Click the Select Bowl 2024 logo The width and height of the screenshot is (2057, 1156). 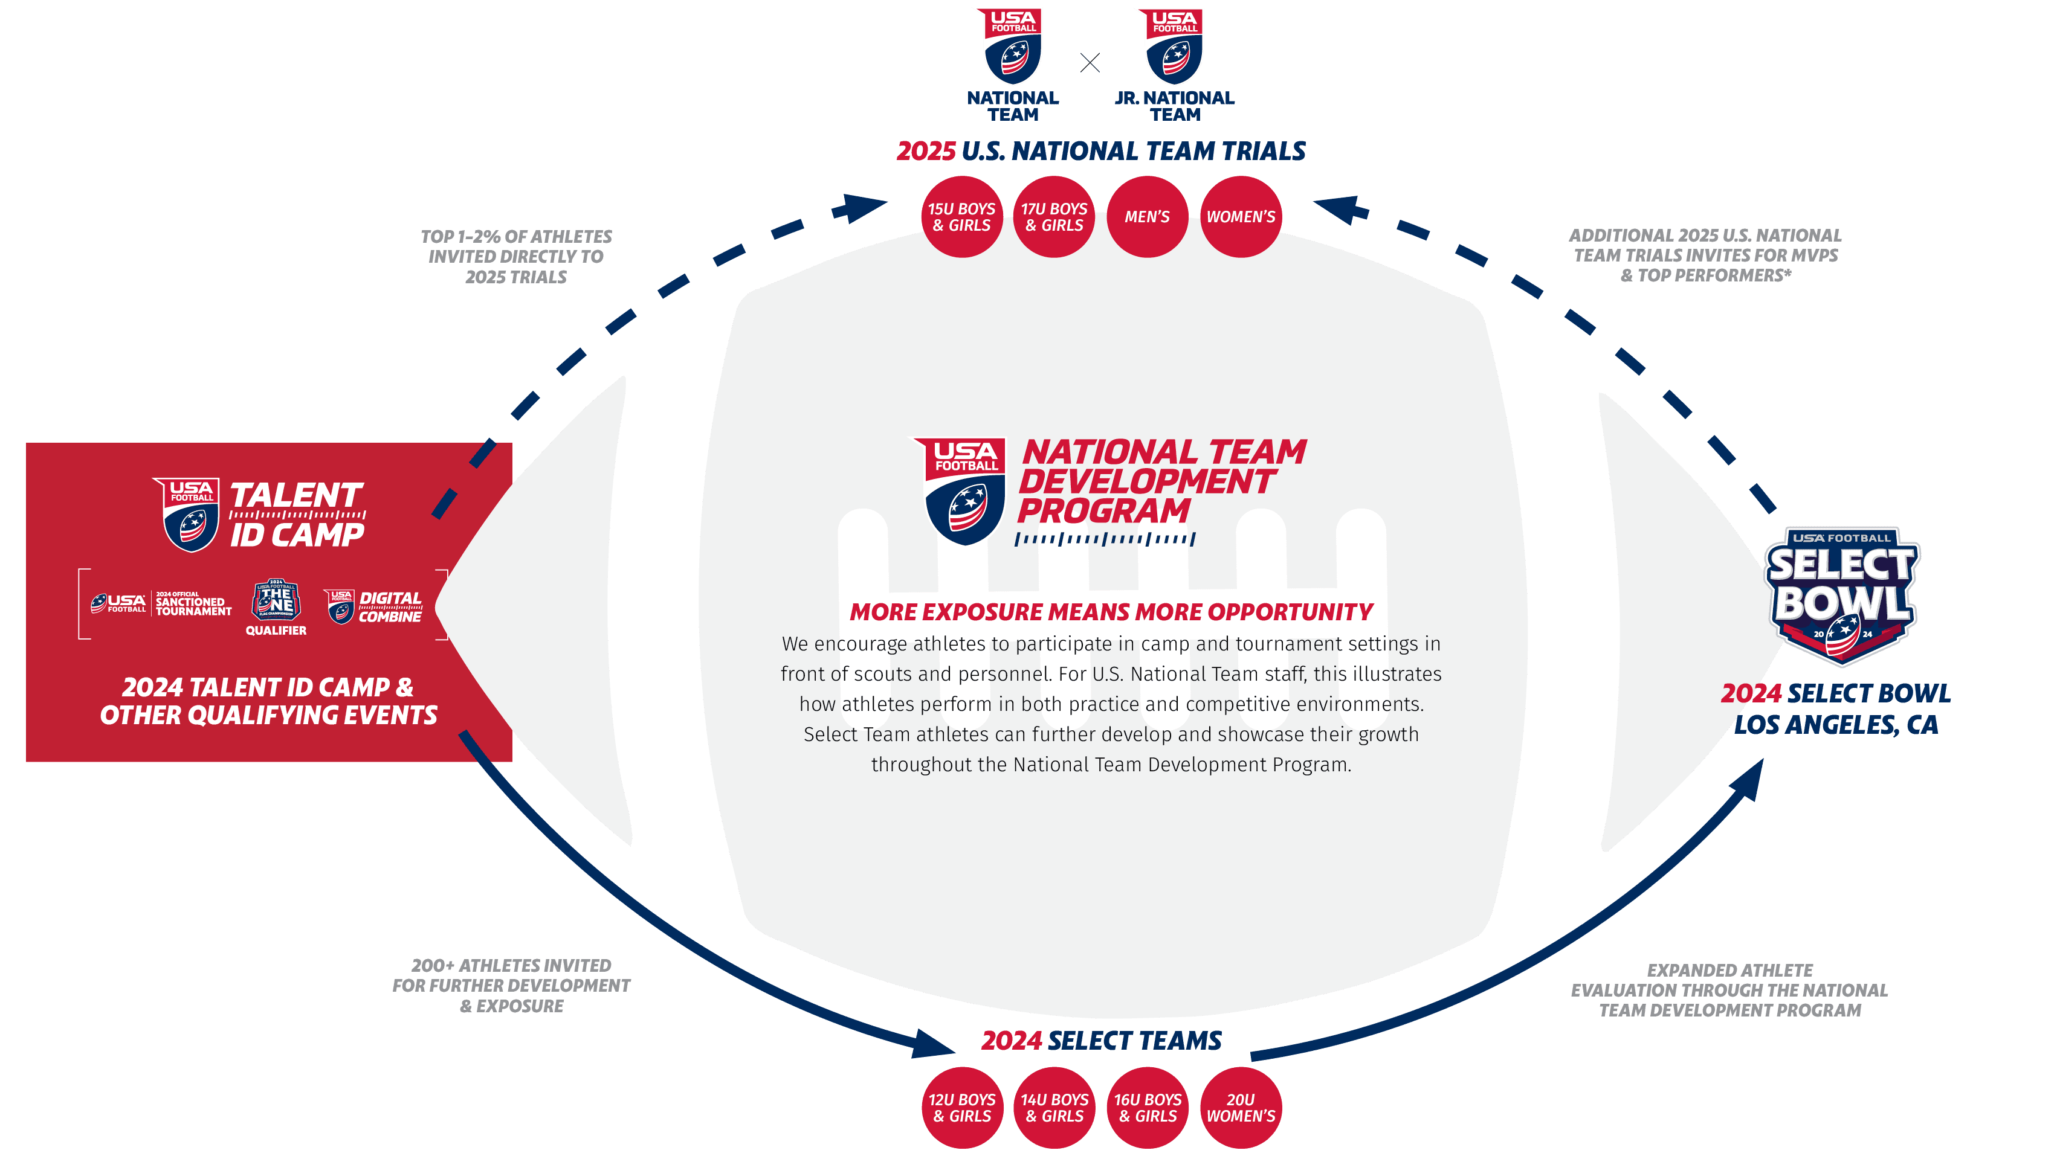point(1841,595)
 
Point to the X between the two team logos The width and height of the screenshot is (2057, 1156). point(1090,63)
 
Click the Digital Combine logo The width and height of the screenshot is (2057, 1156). point(373,607)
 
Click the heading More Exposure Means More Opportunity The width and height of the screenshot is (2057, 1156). point(1111,612)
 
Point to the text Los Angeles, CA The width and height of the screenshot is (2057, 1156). point(1836,725)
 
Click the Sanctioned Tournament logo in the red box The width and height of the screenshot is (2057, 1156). point(161,605)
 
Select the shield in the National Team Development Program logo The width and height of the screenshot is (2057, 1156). point(961,491)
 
